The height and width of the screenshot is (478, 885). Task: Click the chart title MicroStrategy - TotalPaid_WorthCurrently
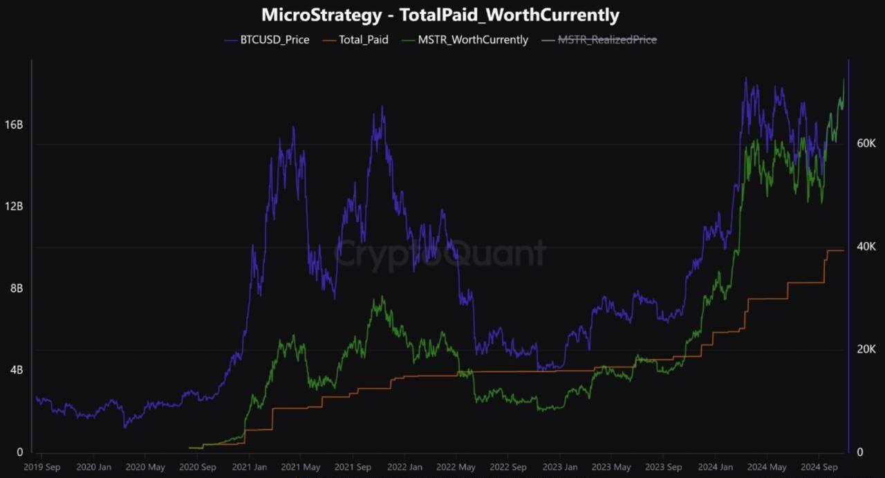point(440,15)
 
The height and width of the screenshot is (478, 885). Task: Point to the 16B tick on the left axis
point(15,125)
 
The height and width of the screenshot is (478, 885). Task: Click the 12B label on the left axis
point(15,207)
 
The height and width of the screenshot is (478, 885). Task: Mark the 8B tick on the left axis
point(15,288)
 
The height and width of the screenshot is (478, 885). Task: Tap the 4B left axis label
point(15,370)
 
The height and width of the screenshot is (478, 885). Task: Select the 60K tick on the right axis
point(866,144)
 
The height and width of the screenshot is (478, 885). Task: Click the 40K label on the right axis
point(866,247)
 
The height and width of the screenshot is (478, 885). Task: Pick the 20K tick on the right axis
point(866,349)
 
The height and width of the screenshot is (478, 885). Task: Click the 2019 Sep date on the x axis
point(41,467)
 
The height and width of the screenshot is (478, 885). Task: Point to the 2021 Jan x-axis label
point(249,467)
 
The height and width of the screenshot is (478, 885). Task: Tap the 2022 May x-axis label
point(456,467)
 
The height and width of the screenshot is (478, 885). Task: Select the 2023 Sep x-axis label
point(664,467)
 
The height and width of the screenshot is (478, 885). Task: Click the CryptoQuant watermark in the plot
point(440,254)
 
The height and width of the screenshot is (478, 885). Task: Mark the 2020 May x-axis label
point(145,467)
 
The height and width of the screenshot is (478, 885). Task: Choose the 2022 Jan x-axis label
point(404,467)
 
